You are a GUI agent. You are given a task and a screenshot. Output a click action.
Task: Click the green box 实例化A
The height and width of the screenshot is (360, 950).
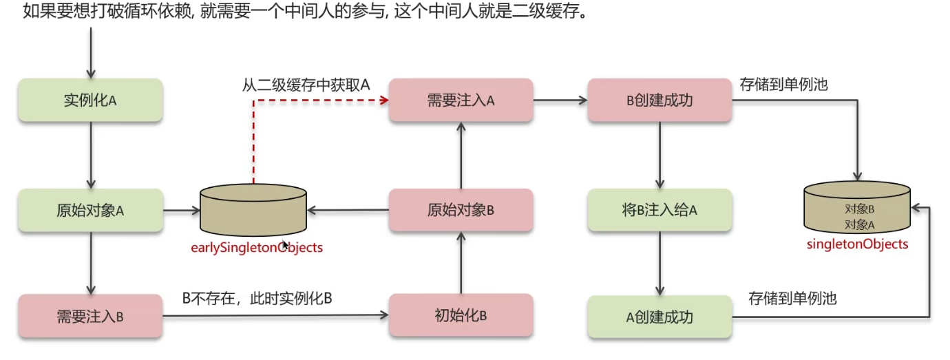pyautogui.click(x=89, y=100)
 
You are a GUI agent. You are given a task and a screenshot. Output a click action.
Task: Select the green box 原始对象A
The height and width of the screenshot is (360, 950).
pyautogui.click(x=89, y=211)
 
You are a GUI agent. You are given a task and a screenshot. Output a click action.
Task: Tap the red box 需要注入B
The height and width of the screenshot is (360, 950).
pyautogui.click(x=89, y=317)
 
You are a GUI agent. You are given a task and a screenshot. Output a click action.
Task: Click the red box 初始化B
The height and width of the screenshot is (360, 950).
pyautogui.click(x=461, y=316)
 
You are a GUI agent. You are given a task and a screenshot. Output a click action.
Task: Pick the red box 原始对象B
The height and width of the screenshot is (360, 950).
pyautogui.click(x=461, y=211)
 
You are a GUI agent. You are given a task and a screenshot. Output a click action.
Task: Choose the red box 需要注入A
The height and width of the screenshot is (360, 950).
pyautogui.click(x=461, y=100)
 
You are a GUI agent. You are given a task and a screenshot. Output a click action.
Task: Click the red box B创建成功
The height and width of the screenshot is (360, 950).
pyautogui.click(x=659, y=100)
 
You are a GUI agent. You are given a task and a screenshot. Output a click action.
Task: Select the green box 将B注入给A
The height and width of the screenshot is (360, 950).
pyautogui.click(x=659, y=211)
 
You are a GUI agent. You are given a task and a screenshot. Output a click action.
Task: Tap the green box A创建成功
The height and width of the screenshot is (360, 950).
pyautogui.click(x=659, y=317)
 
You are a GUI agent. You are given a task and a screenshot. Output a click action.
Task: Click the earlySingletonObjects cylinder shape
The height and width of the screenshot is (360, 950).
pyautogui.click(x=253, y=210)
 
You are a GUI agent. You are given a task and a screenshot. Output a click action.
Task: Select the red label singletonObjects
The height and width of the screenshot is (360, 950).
pyautogui.click(x=858, y=244)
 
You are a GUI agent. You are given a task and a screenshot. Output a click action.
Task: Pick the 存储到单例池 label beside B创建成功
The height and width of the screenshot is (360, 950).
pyautogui.click(x=783, y=85)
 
